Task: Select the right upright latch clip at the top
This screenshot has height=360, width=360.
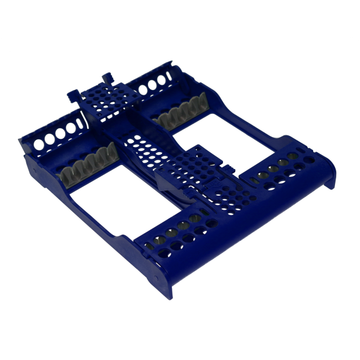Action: [109, 76]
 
